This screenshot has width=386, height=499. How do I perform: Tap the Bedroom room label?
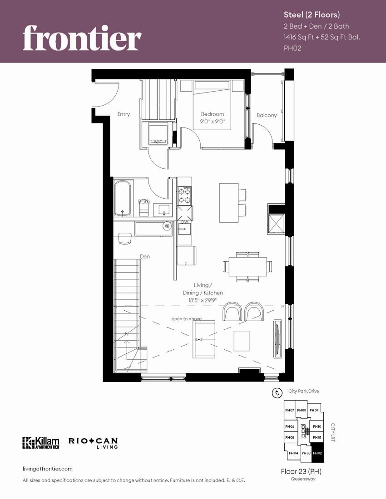click(x=213, y=114)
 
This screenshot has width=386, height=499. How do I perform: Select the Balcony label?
click(x=267, y=115)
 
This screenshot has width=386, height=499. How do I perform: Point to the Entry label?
click(x=124, y=114)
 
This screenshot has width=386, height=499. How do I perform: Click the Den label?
click(x=145, y=257)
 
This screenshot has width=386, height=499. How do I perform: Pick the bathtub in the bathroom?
click(x=123, y=199)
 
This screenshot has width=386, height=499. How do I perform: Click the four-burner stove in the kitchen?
click(x=184, y=196)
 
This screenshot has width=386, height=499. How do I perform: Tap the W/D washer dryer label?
click(x=158, y=142)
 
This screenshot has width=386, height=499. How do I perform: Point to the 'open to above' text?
click(x=186, y=319)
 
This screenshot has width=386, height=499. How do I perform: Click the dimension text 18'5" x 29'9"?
click(x=203, y=300)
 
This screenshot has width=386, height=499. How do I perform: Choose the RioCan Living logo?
click(x=93, y=443)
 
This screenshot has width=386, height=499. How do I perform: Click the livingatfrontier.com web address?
click(x=47, y=469)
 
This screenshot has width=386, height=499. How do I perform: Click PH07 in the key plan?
click(x=290, y=411)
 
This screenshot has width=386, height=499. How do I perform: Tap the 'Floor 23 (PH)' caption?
click(x=301, y=471)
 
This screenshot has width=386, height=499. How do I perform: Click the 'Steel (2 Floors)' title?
click(x=311, y=15)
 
